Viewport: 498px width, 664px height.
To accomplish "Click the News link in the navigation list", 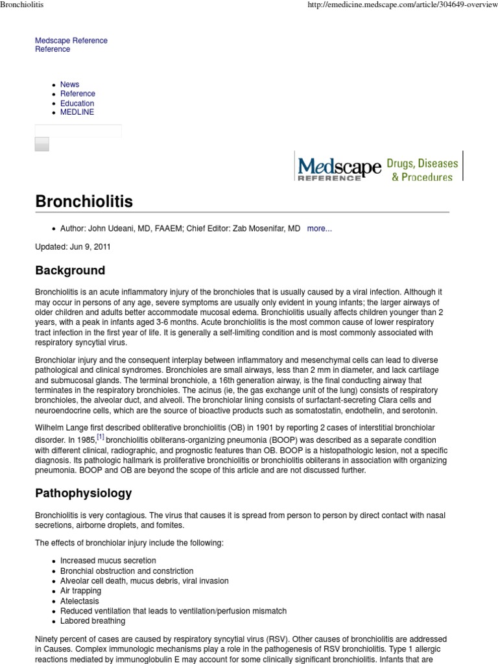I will [x=69, y=84].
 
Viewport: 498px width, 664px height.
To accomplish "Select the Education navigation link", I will [x=77, y=103].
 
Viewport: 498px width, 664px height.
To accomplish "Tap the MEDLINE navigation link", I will [x=77, y=112].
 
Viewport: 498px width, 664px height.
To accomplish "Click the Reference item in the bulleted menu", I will [x=77, y=93].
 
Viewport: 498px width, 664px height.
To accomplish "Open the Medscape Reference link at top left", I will [x=71, y=40].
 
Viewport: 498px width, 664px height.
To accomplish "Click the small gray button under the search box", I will [x=42, y=144].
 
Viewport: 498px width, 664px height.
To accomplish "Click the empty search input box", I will [x=78, y=130].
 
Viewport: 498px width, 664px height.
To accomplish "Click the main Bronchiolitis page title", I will [x=84, y=202].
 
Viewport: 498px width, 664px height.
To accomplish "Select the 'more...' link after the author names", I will [x=319, y=229].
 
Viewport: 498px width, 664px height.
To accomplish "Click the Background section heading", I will [x=69, y=270].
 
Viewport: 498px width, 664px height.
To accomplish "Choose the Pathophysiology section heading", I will [x=83, y=493].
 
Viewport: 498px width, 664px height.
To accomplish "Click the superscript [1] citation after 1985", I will [x=101, y=436].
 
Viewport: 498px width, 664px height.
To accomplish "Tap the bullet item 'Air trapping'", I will [x=80, y=591].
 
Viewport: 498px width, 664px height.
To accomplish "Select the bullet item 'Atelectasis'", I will [x=80, y=601].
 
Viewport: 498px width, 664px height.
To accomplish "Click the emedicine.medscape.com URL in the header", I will [x=403, y=6].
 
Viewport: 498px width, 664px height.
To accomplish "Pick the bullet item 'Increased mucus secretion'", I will [x=108, y=560].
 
